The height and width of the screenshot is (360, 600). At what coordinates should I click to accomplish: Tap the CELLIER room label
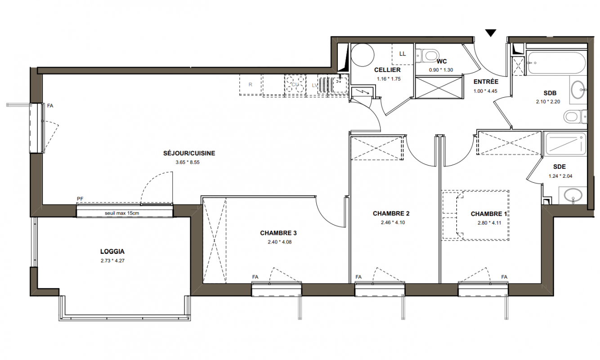pyautogui.click(x=387, y=70)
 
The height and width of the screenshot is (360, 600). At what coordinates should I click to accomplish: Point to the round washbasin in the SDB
pyautogui.click(x=578, y=90)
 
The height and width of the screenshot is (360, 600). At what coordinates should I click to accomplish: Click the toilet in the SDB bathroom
pyautogui.click(x=575, y=117)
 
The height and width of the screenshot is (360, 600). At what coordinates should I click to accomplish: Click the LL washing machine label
pyautogui.click(x=403, y=54)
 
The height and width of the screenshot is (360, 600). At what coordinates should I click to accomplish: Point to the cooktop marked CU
pyautogui.click(x=295, y=85)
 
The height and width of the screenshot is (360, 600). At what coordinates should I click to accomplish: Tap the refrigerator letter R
pyautogui.click(x=251, y=85)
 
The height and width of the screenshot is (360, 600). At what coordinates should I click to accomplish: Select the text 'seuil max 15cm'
pyautogui.click(x=122, y=213)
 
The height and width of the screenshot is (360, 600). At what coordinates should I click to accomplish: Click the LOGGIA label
pyautogui.click(x=112, y=252)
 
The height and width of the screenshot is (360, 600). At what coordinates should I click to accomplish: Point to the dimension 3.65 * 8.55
pyautogui.click(x=188, y=162)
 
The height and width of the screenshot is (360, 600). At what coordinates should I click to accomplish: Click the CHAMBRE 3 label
pyautogui.click(x=278, y=233)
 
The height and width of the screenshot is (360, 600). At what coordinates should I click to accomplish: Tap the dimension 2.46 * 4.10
pyautogui.click(x=393, y=222)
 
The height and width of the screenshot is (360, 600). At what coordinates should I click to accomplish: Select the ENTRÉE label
pyautogui.click(x=486, y=81)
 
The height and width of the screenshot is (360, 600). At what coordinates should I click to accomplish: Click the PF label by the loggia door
pyautogui.click(x=80, y=199)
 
